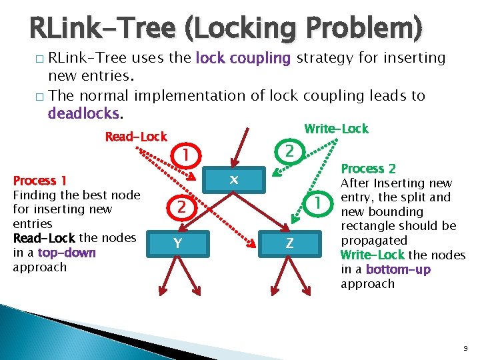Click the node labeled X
tap(233, 180)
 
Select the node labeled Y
tap(177, 243)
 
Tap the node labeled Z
tap(289, 243)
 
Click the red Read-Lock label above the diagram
tap(136, 137)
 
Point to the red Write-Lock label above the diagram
tap(336, 129)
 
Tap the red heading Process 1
tap(40, 181)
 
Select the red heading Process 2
tap(368, 169)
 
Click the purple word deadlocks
tap(83, 113)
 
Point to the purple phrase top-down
tap(67, 253)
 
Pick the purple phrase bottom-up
tap(397, 269)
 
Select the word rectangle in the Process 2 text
tap(369, 226)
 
